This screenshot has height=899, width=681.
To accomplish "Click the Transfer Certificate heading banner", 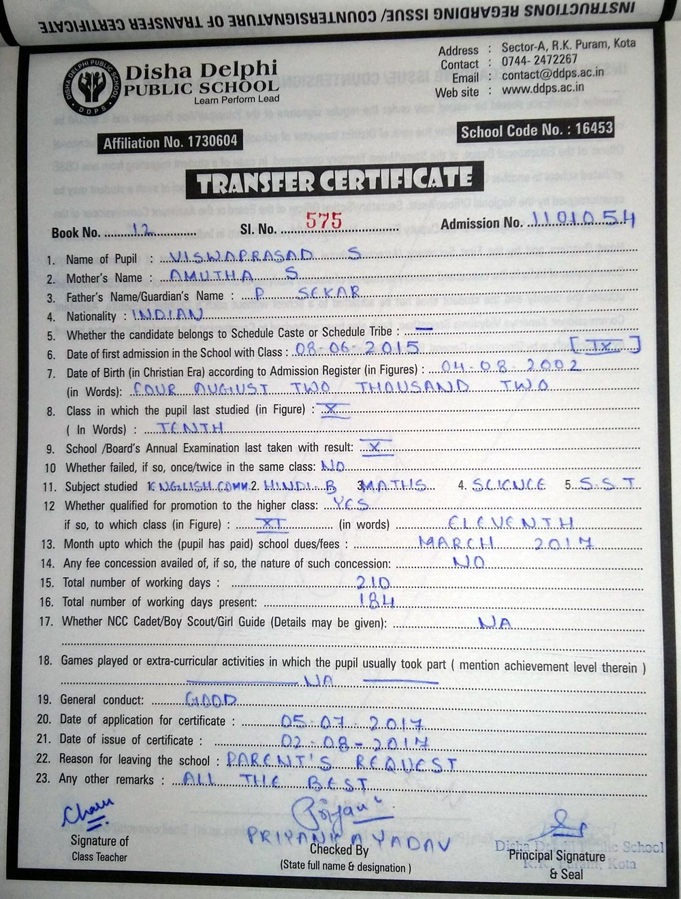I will (334, 180).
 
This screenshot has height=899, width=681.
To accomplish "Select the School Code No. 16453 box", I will (537, 130).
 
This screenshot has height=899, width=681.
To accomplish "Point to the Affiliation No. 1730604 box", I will (170, 142).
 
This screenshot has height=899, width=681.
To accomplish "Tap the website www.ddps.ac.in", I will (543, 87).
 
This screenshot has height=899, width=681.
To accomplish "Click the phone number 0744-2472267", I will (539, 60).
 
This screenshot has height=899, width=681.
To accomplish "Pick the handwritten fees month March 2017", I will (505, 542).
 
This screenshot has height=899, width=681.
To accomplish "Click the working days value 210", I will (373, 582).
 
